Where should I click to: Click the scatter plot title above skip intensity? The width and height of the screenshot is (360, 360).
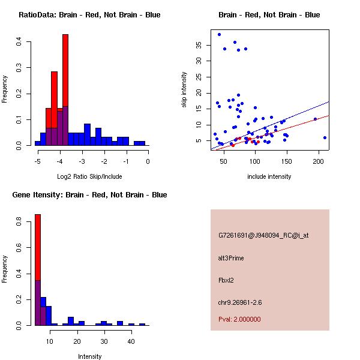coord(269,15)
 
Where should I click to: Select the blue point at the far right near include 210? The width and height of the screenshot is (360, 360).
coord(325,137)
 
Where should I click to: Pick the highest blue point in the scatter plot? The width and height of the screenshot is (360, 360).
coord(219,34)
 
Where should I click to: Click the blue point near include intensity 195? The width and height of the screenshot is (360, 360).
coord(315,119)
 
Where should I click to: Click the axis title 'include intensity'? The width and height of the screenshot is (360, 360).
coord(269,176)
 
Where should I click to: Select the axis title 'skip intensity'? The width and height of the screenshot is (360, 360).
coord(184,90)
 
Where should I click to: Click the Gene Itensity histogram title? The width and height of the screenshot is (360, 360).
coord(89,195)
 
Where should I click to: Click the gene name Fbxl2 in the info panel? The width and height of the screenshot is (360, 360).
coord(227,280)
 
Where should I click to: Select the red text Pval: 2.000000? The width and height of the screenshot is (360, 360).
coord(239,319)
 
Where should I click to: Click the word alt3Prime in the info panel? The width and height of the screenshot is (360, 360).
coord(231,258)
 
